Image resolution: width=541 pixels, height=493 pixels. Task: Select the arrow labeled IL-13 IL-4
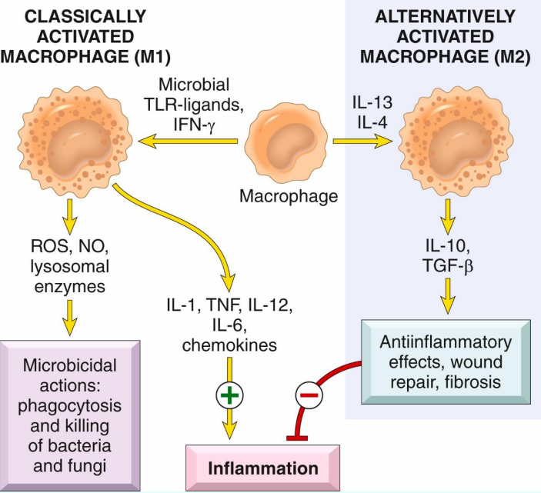pos(362,141)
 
